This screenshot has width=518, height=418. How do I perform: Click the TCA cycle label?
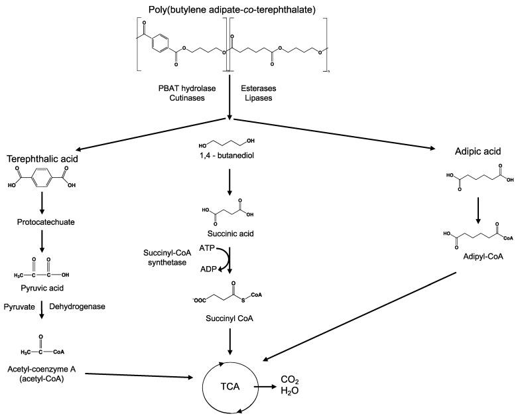coord(230,386)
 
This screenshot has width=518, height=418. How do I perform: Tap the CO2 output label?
coord(290,380)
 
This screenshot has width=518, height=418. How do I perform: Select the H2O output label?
coord(290,391)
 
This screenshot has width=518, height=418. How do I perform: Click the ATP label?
coord(207,248)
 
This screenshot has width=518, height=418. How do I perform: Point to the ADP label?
coord(208,269)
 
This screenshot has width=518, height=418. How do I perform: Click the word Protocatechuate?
coord(46,222)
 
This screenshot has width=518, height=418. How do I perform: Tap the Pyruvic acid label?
coord(42,288)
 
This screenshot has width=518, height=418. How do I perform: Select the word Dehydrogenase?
coord(78,307)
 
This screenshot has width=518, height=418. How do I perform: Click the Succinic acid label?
coord(231,234)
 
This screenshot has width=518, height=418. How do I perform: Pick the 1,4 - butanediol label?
coord(227,155)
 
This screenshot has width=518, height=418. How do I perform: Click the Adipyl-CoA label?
coord(484,256)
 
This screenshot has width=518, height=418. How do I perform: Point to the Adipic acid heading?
coord(478,151)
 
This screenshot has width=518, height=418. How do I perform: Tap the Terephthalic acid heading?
coord(42,159)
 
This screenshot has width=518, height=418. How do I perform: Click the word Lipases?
coord(259,98)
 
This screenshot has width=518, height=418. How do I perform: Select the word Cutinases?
coord(187,98)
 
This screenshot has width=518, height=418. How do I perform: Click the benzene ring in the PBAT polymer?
coord(161,42)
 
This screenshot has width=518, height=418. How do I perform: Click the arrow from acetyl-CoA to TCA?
coord(139,376)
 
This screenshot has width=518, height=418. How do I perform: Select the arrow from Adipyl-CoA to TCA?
coord(359,316)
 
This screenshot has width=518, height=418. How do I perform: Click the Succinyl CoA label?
coord(229,318)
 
